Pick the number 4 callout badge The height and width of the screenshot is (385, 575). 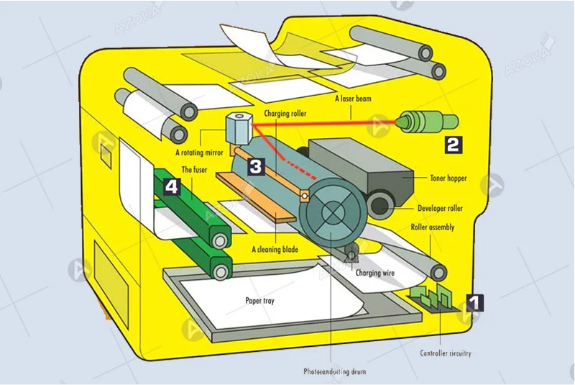tap(170, 186)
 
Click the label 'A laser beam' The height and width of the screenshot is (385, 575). tap(353, 99)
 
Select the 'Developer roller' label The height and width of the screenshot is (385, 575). tap(441, 209)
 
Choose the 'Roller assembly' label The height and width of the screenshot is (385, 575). tap(433, 227)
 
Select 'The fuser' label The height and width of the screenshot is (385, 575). tap(195, 170)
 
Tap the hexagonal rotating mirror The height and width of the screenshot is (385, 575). tap(236, 127)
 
